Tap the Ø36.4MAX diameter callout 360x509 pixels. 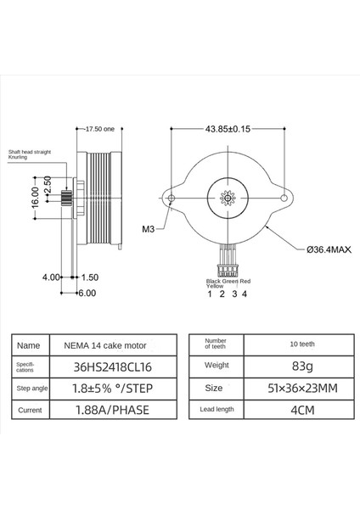tap(326, 249)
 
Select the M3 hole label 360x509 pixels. tap(125, 228)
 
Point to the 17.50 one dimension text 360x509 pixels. tap(100, 129)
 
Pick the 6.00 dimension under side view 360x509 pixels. tap(87, 293)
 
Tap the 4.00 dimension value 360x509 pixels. tap(51, 277)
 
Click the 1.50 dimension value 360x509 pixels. tap(90, 277)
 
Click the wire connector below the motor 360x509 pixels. tap(227, 267)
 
